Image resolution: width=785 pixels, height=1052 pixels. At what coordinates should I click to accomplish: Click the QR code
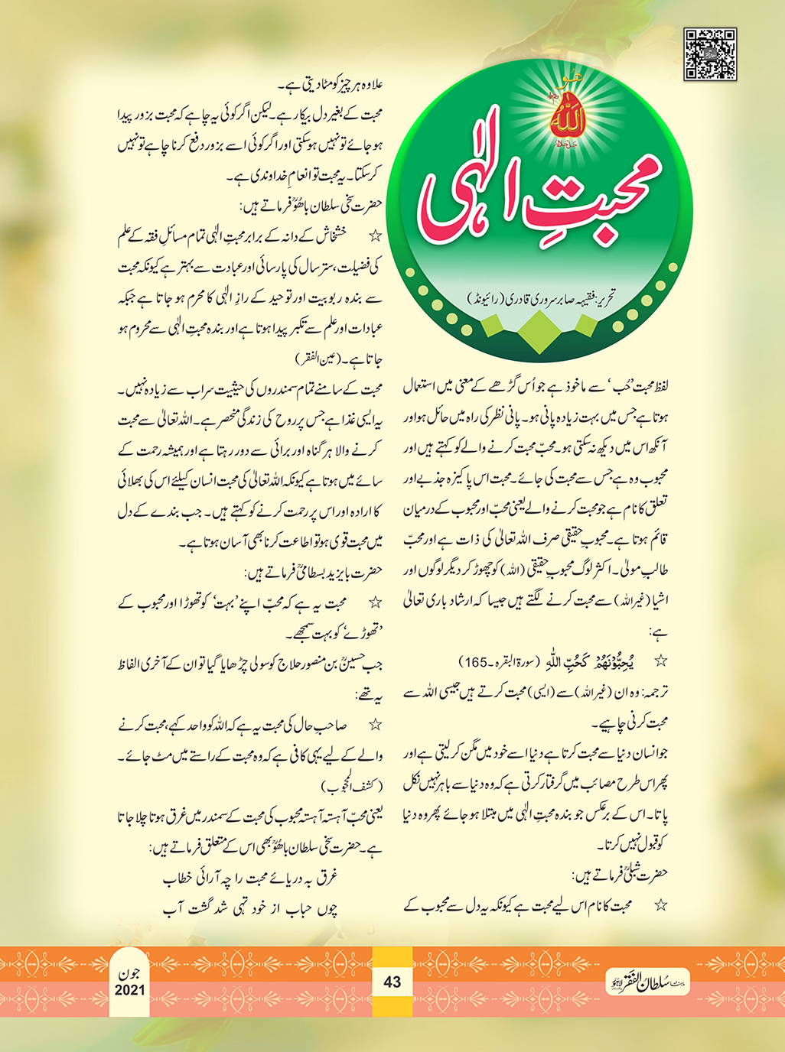(x=710, y=54)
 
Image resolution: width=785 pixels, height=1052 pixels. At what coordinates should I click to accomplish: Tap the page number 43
(x=392, y=981)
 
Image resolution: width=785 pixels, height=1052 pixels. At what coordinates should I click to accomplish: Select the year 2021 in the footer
(x=130, y=990)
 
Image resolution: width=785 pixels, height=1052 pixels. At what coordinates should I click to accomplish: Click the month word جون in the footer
(x=131, y=975)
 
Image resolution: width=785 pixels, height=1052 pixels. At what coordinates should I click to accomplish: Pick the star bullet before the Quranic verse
(x=661, y=660)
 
